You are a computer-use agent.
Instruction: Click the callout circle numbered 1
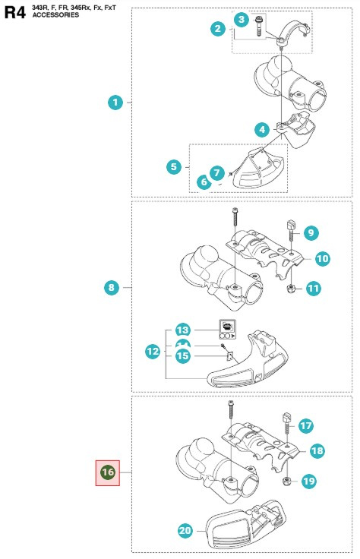115,101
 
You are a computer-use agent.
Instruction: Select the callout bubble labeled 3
242,18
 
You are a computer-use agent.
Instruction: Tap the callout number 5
174,165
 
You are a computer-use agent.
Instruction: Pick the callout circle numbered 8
112,287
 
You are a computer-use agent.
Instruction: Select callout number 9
312,232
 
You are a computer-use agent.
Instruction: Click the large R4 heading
14,13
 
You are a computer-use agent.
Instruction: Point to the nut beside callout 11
290,289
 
